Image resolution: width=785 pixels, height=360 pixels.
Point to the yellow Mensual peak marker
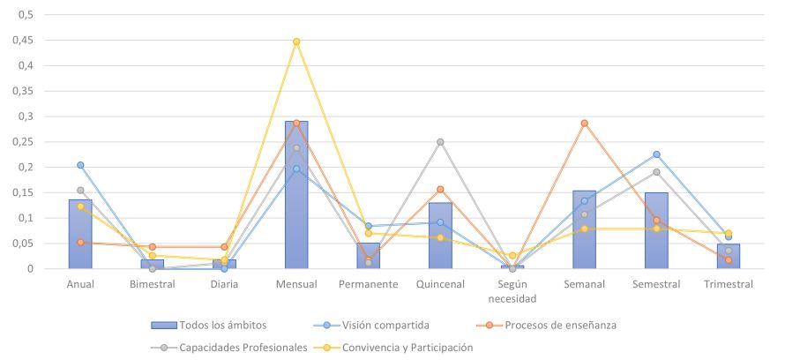coord(296,41)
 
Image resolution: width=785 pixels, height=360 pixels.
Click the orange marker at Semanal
coord(584,124)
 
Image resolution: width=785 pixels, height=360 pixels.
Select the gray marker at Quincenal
coord(440,142)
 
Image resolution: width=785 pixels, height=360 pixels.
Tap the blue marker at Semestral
coord(656,154)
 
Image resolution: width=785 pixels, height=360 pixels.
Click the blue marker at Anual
coord(80,165)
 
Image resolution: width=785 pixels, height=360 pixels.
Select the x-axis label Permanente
coord(368,285)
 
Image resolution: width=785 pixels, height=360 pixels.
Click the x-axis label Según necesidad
coord(512,291)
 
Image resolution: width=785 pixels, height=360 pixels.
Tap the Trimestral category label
coord(728,285)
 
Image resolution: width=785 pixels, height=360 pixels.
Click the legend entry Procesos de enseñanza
coord(560,325)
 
